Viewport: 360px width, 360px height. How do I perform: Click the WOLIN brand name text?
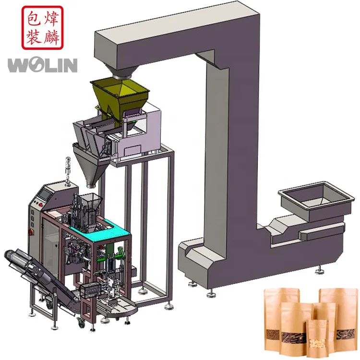point(42,65)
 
